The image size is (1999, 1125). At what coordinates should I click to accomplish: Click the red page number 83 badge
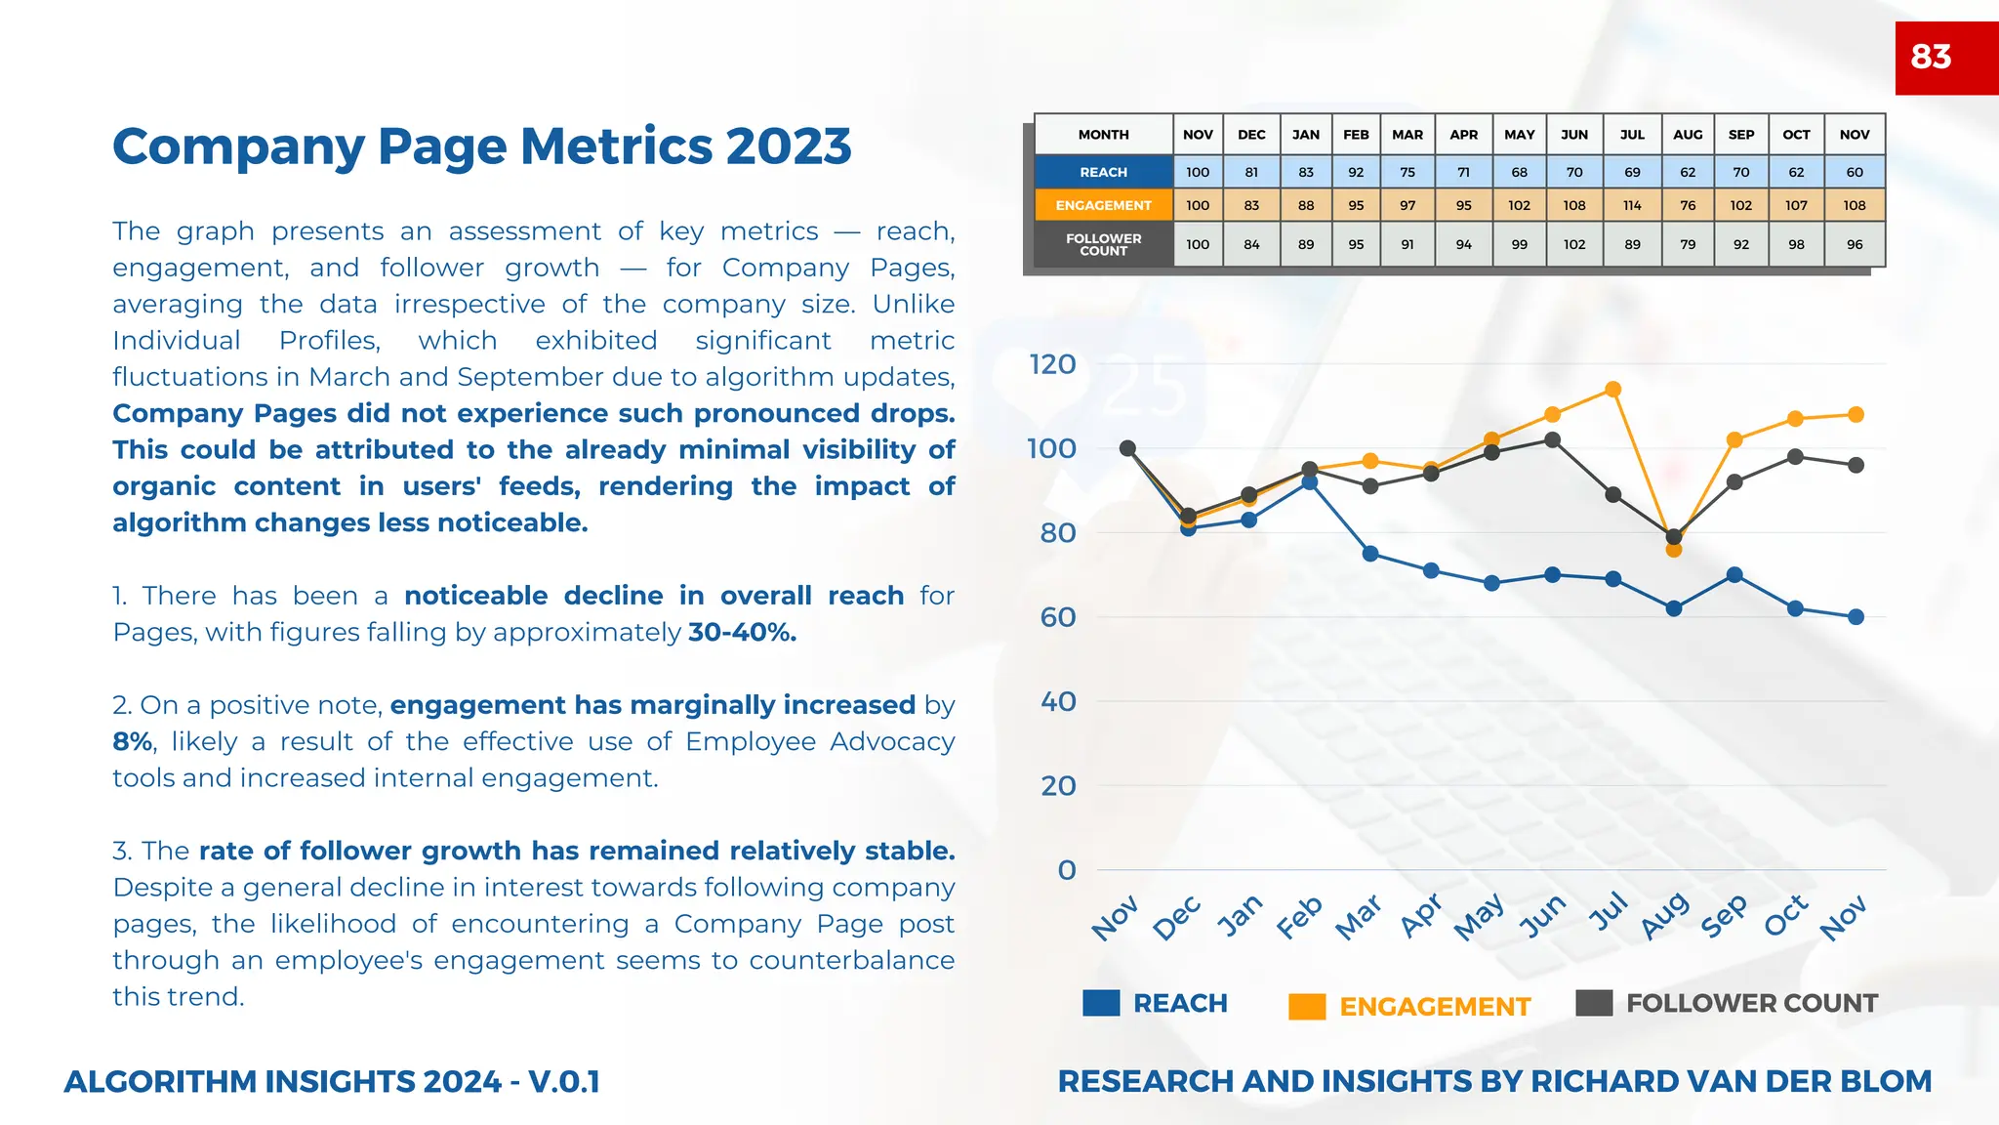pos(1945,58)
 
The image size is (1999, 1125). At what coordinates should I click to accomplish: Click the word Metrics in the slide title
pos(616,146)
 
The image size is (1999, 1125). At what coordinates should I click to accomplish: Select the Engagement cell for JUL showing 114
pos(1632,205)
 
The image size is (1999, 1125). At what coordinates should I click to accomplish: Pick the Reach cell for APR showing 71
pos(1463,172)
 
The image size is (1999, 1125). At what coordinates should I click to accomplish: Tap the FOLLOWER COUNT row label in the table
pos(1103,244)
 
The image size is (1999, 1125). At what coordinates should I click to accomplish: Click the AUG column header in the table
pos(1687,135)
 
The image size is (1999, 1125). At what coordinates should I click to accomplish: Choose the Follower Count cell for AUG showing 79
pos(1687,244)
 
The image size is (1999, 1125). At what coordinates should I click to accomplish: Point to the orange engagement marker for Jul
pos(1613,390)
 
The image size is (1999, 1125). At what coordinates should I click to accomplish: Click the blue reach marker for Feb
pos(1310,482)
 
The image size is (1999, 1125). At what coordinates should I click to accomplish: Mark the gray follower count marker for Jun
pos(1553,440)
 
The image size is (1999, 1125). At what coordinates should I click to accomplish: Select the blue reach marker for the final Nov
pos(1856,617)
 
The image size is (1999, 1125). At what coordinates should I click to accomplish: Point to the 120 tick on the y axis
pos(1052,364)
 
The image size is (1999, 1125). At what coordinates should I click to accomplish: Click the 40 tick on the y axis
pos(1058,701)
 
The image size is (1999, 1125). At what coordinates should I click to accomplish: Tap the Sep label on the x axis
pos(1724,916)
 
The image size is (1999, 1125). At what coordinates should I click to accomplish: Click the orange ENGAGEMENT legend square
pos(1307,1007)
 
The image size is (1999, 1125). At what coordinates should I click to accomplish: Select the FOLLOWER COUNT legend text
pos(1751,1003)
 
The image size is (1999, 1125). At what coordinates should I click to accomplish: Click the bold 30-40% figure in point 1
pos(742,633)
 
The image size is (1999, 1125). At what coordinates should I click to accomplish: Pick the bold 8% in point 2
pos(132,742)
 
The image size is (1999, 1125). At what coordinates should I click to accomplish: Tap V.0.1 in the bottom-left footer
pos(563,1082)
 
